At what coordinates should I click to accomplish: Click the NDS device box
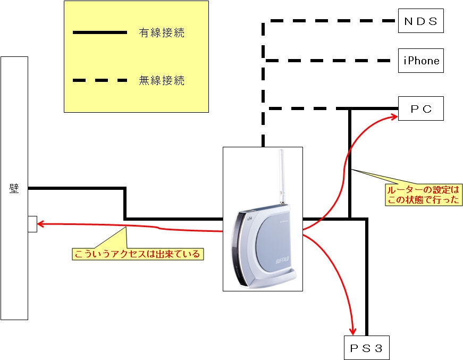pyautogui.click(x=420, y=21)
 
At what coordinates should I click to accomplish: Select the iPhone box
pyautogui.click(x=420, y=61)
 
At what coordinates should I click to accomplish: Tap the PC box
pyautogui.click(x=420, y=109)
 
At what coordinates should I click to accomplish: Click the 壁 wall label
pyautogui.click(x=14, y=188)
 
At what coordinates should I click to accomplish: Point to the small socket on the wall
pyautogui.click(x=32, y=224)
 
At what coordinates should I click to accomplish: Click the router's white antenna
pyautogui.click(x=282, y=175)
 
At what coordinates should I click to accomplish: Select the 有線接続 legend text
pyautogui.click(x=162, y=33)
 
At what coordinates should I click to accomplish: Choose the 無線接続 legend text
pyautogui.click(x=162, y=81)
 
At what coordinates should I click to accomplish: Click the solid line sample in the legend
pyautogui.click(x=100, y=33)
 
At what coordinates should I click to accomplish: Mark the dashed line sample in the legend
pyautogui.click(x=100, y=81)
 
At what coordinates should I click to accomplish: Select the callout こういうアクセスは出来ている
pyautogui.click(x=137, y=254)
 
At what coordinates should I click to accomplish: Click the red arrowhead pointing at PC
pyautogui.click(x=394, y=115)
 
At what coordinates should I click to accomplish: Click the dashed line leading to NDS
pyautogui.click(x=330, y=21)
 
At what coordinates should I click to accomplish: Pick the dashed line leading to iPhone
pyautogui.click(x=330, y=61)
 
